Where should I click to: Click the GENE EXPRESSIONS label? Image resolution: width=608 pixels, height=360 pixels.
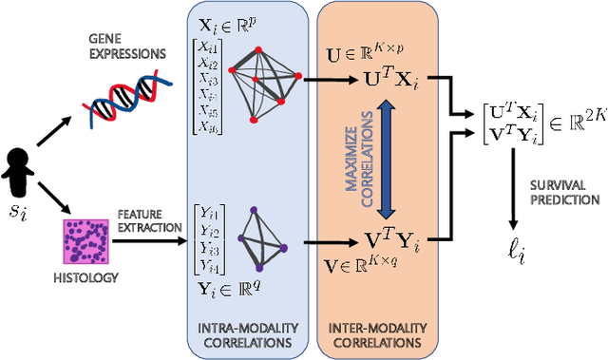tap(119, 48)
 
